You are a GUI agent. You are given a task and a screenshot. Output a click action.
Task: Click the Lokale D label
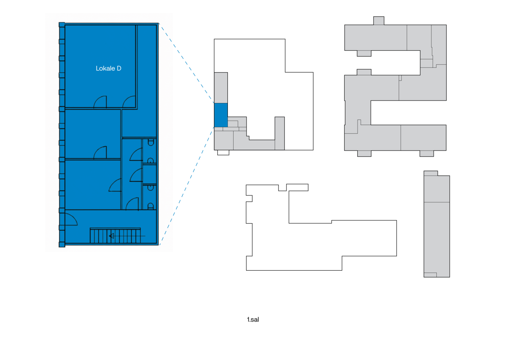108,68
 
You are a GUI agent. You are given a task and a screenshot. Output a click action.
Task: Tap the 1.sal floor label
253,320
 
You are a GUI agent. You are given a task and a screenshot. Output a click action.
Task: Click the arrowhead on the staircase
111,236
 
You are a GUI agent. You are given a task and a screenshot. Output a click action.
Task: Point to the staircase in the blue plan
115,236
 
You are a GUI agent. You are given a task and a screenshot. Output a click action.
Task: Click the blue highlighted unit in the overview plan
221,115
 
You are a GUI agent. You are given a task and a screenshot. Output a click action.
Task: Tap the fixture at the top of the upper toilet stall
151,143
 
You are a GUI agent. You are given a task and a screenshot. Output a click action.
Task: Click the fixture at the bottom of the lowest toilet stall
150,206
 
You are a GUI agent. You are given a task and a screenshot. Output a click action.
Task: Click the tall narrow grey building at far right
436,224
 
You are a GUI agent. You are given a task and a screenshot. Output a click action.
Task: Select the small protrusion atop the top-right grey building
379,21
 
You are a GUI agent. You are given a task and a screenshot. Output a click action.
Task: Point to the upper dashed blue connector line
186,63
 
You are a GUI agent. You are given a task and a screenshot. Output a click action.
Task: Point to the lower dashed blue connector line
186,186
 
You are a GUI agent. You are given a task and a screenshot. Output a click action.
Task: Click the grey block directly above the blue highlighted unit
221,88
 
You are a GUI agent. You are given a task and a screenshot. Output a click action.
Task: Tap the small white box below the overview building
223,152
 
